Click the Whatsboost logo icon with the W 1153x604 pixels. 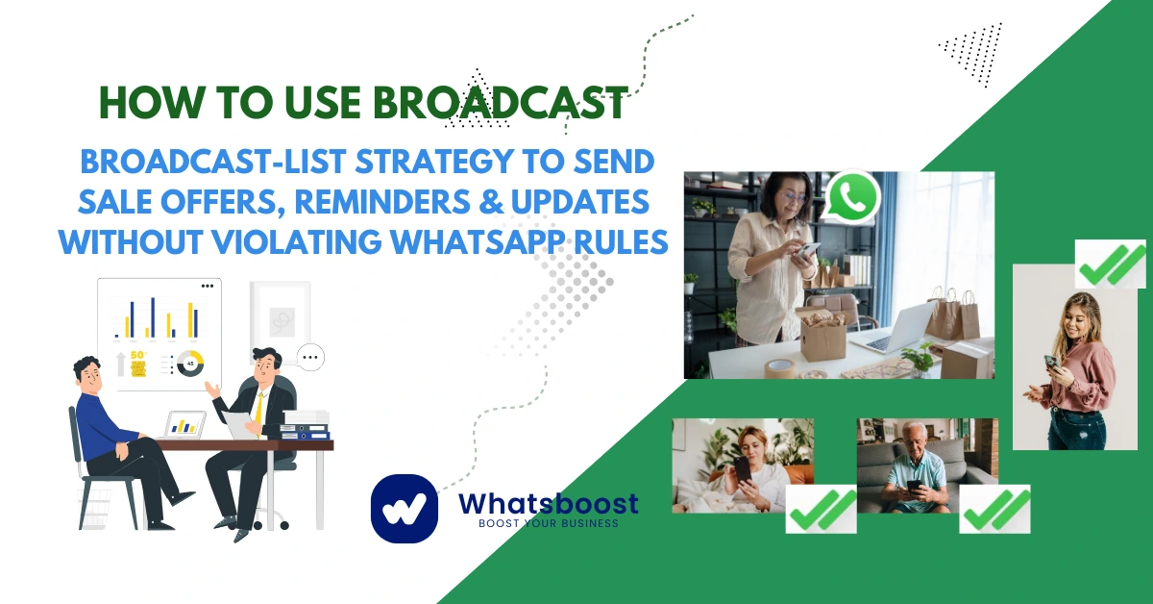[x=404, y=506]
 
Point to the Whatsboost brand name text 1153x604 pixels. [x=548, y=502]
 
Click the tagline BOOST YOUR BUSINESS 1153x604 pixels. [x=549, y=523]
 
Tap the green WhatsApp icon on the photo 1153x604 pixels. [x=852, y=196]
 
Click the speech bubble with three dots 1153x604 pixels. [x=309, y=358]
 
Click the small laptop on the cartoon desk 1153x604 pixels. [x=185, y=424]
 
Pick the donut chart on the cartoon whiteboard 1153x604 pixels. [x=190, y=365]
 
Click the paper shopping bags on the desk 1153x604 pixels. [x=952, y=313]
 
